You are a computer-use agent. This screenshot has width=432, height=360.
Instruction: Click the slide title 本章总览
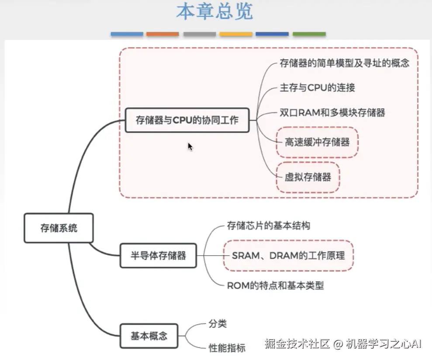(214, 12)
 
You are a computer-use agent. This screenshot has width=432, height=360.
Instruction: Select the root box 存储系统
(59, 228)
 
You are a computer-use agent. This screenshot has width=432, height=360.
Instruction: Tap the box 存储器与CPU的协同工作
(187, 120)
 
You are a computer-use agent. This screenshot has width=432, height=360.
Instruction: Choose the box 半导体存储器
(158, 255)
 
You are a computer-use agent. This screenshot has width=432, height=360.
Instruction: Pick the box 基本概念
(149, 336)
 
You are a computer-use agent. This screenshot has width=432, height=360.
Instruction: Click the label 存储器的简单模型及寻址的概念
(344, 63)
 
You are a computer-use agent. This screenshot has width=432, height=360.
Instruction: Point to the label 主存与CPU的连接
(317, 88)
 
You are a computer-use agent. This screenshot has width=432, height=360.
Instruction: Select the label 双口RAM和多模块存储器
(332, 113)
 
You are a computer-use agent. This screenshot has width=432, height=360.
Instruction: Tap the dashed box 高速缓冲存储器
(317, 142)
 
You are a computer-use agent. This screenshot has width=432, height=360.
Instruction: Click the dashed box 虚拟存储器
(308, 177)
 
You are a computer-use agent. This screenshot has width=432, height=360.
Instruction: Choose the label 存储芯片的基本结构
(269, 226)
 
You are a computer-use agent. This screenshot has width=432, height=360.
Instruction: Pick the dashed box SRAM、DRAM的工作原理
(288, 255)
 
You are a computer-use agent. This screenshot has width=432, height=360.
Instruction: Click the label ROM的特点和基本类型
(275, 286)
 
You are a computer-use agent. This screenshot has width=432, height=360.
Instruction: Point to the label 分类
(218, 324)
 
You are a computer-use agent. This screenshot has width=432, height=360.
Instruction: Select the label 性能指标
(227, 348)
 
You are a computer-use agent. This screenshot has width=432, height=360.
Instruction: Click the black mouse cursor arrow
(190, 147)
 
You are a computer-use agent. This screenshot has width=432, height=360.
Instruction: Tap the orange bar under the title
(162, 34)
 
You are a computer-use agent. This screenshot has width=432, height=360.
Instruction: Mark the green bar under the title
(309, 34)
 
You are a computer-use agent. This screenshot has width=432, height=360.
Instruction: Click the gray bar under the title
(199, 34)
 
